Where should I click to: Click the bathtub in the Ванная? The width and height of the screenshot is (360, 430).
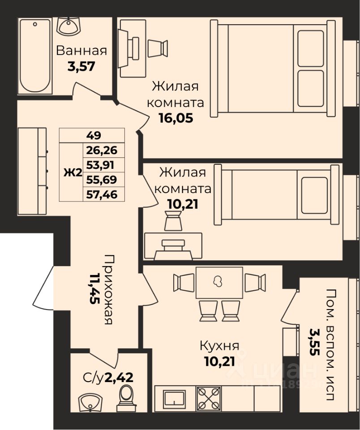pos(35,56)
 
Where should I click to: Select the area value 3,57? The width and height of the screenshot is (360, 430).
pos(81,66)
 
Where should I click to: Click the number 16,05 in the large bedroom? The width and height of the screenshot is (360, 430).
pos(176,118)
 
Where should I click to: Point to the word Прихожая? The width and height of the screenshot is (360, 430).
pos(108,290)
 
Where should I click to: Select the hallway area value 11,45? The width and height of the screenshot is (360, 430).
pos(94,288)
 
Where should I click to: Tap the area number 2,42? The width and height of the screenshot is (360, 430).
pos(119,378)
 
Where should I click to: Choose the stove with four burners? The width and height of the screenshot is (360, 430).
pos(209,399)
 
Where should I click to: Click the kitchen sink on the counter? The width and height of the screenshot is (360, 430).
pos(174,399)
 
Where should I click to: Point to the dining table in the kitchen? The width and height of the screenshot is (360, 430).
pos(219,283)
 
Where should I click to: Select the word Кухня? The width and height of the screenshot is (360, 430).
pos(219,346)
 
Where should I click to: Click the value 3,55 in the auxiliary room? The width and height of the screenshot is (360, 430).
pos(314,342)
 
